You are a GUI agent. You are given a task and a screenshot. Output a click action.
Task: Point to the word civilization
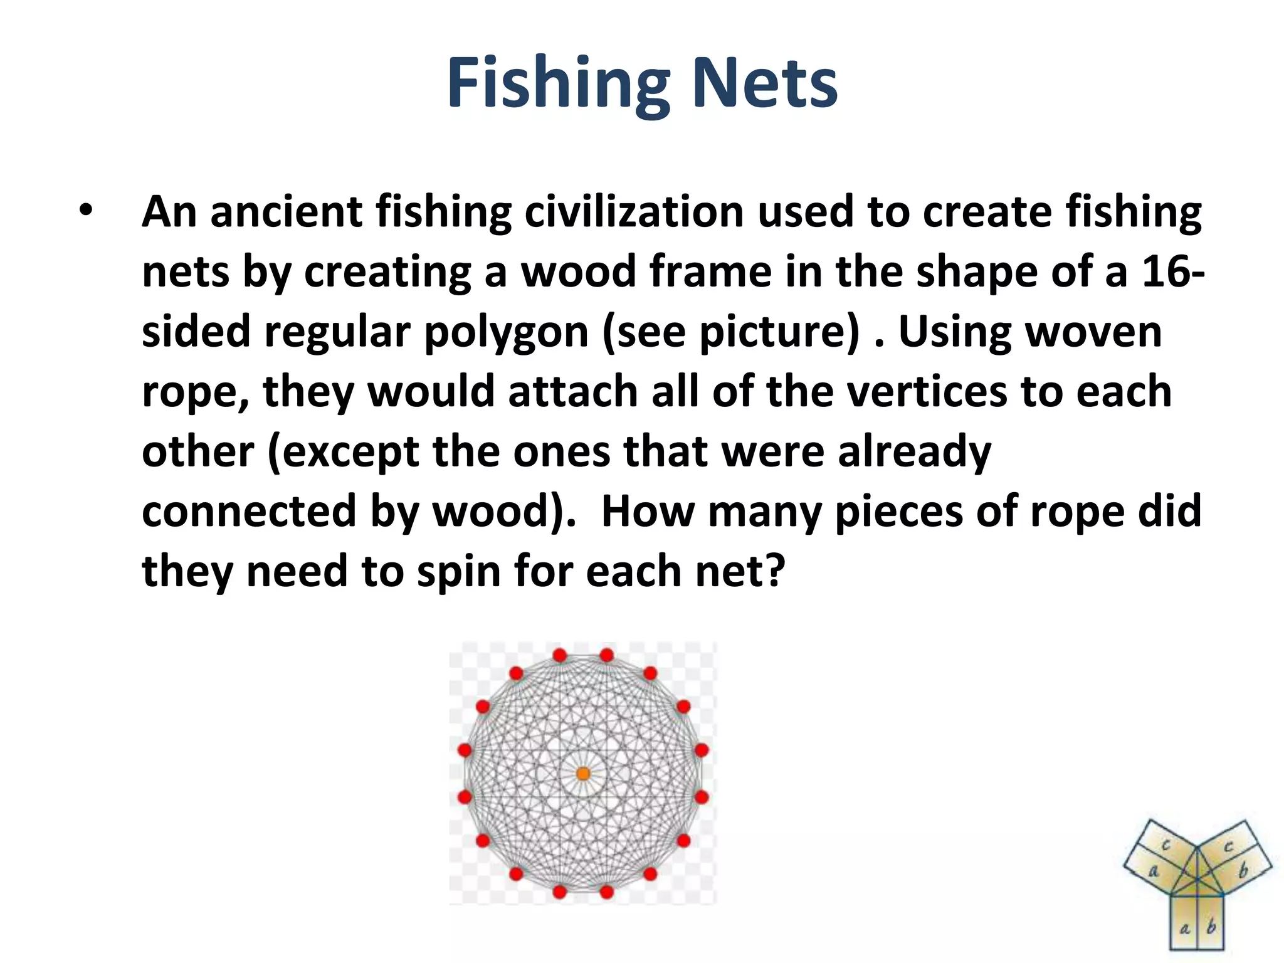pos(634,212)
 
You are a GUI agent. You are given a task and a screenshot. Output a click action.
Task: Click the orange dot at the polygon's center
pos(583,774)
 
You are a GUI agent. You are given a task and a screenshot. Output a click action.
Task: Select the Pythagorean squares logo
pos(1197,883)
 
